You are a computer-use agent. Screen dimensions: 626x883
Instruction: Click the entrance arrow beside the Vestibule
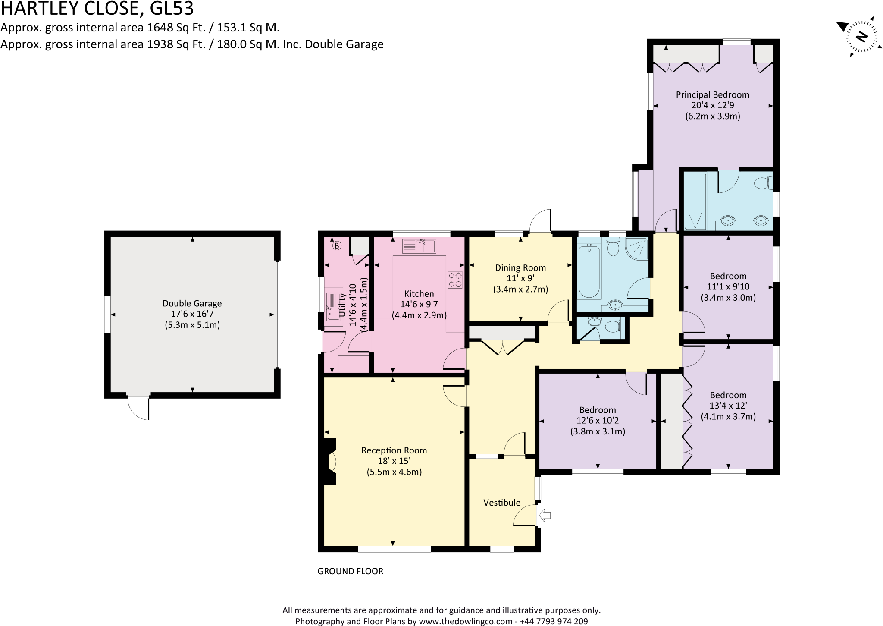click(x=545, y=515)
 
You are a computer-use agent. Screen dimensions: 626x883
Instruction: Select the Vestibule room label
click(x=502, y=503)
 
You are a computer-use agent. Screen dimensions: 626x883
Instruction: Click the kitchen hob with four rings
click(x=455, y=279)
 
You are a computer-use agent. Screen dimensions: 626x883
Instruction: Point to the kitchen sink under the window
click(x=419, y=246)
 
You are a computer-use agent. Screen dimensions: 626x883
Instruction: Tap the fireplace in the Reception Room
click(x=330, y=462)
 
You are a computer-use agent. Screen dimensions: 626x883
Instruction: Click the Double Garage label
click(x=192, y=303)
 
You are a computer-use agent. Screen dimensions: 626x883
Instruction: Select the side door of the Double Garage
click(x=138, y=408)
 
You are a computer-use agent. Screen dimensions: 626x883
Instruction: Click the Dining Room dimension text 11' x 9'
click(x=520, y=279)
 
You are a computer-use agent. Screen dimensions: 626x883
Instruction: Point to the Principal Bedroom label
click(x=712, y=95)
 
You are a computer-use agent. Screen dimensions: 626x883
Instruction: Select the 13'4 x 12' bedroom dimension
click(x=728, y=406)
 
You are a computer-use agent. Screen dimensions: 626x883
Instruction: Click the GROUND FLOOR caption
click(x=350, y=571)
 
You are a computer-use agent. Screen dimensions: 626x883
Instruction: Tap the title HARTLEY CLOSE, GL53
click(x=97, y=8)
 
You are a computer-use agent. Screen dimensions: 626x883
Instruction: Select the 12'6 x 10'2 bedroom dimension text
click(x=598, y=421)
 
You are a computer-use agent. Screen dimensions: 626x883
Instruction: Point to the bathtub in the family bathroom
click(x=589, y=271)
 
